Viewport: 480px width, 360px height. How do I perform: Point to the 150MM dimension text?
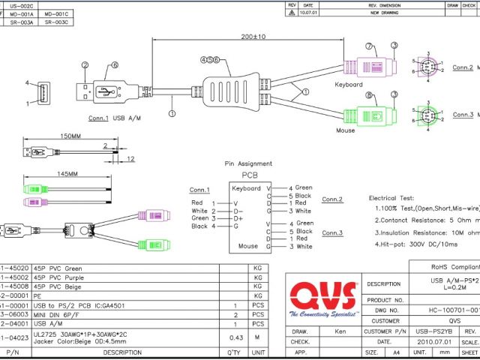pos(49,137)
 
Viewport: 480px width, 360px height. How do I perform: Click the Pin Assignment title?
pos(248,163)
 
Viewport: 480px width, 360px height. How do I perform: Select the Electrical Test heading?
pos(394,198)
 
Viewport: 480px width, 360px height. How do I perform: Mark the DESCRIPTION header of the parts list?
pos(121,352)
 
